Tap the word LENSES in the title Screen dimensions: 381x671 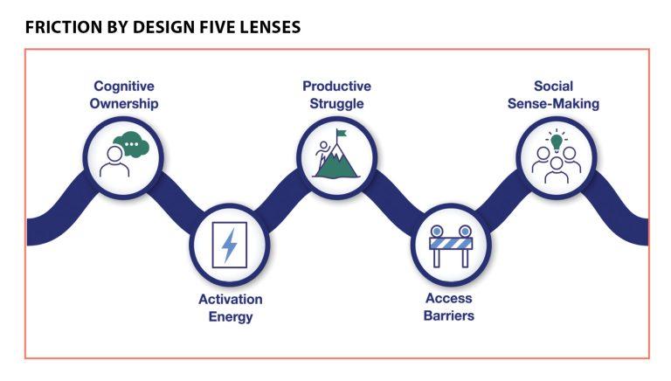tap(268, 27)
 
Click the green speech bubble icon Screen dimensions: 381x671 tap(131, 142)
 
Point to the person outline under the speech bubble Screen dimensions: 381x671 tap(114, 163)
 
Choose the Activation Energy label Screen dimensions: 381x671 tap(231, 308)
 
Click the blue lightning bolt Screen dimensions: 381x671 tap(230, 245)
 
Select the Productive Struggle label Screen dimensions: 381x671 tap(336, 94)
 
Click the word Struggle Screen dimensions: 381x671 tap(336, 103)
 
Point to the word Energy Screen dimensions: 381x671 tap(231, 316)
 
